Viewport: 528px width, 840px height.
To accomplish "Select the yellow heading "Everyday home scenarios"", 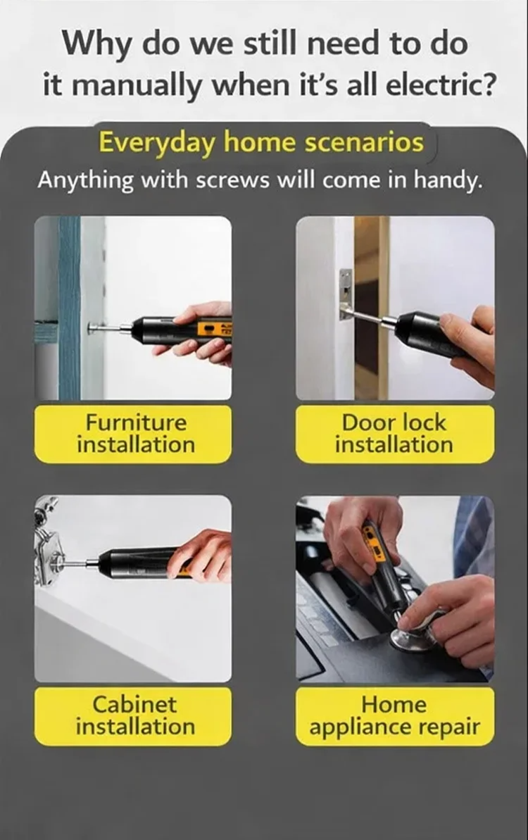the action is tap(260, 143).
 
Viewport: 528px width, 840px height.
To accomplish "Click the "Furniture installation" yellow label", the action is tap(133, 434).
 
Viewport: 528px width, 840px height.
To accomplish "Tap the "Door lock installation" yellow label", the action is tap(395, 434).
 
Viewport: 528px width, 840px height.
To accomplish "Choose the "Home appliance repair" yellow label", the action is tap(395, 715).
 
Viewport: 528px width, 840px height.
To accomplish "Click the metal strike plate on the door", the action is tap(346, 294).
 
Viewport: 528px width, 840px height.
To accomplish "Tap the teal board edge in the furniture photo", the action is tap(69, 308).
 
